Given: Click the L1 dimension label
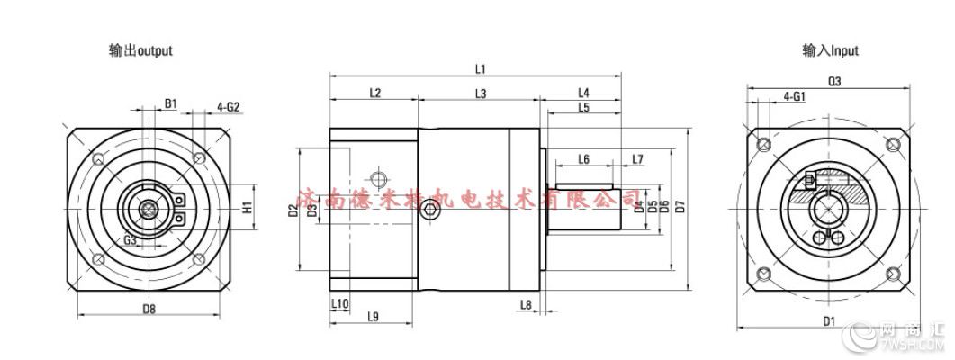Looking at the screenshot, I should pyautogui.click(x=480, y=69).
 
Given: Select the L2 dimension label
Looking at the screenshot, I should pyautogui.click(x=375, y=93).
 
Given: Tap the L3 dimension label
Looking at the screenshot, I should pyautogui.click(x=480, y=93).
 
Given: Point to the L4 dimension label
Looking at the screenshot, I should pyautogui.click(x=582, y=92).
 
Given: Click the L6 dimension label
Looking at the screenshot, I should pyautogui.click(x=583, y=159).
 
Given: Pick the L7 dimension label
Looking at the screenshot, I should pyautogui.click(x=637, y=159).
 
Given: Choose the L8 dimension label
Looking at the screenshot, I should pyautogui.click(x=525, y=304).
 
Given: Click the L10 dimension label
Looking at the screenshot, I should pyautogui.click(x=339, y=304).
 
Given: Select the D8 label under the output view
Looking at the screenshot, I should pyautogui.click(x=149, y=310).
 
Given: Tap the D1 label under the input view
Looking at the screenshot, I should pyautogui.click(x=828, y=320).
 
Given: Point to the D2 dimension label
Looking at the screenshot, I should pyautogui.click(x=293, y=211).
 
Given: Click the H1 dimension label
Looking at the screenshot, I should pyautogui.click(x=247, y=208).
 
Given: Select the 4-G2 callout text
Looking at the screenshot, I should pyautogui.click(x=229, y=106).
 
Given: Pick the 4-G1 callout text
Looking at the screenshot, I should pyautogui.click(x=794, y=94).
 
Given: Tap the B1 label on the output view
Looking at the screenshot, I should pyautogui.click(x=170, y=103).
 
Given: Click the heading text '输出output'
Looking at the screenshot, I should pyautogui.click(x=140, y=51).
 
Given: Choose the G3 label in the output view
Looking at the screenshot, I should pyautogui.click(x=131, y=240).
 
